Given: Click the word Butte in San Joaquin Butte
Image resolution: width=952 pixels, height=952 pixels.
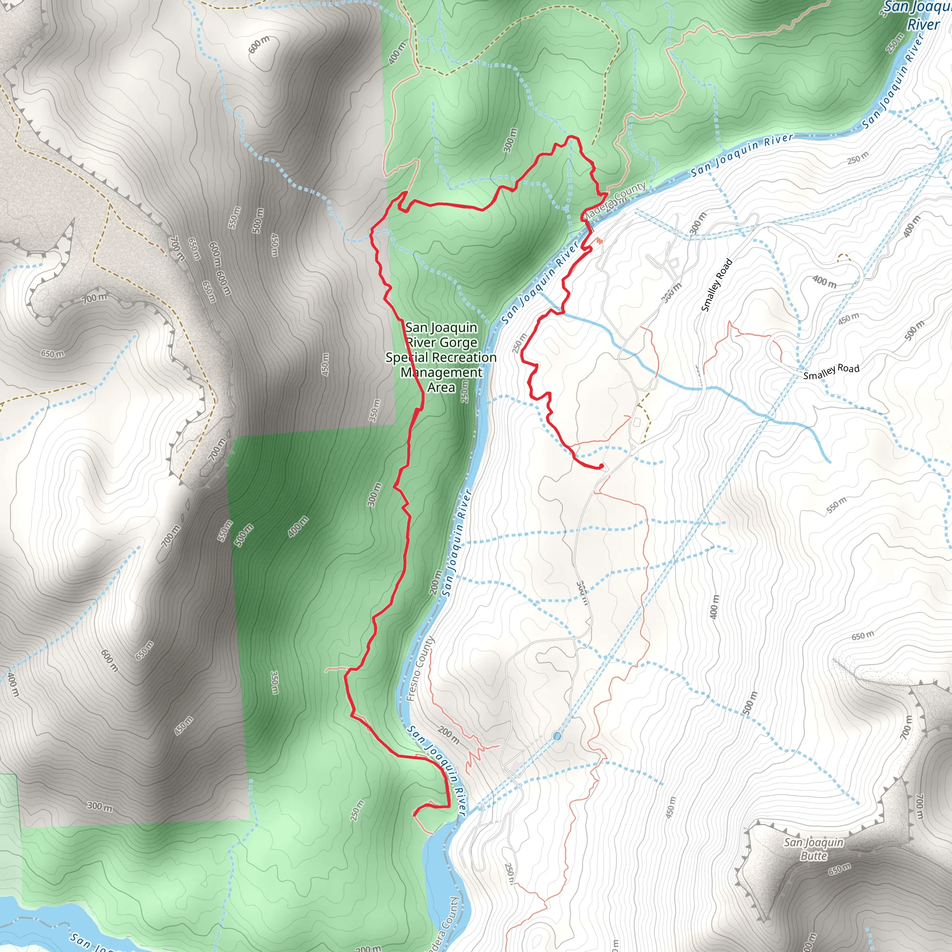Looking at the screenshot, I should point(813,856).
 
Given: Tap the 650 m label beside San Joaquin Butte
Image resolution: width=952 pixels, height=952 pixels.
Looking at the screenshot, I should point(839,869).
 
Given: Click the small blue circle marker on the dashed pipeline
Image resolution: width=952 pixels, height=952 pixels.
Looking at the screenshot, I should point(557,736).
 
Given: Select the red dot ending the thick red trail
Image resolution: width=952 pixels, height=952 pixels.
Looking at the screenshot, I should point(601,466).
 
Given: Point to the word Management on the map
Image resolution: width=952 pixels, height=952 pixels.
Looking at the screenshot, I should point(441,372).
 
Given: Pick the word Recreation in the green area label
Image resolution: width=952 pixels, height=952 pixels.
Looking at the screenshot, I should point(466,358).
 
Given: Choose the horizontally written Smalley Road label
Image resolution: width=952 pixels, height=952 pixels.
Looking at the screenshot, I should point(831,371).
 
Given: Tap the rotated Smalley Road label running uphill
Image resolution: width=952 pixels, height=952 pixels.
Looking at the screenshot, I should point(716,285).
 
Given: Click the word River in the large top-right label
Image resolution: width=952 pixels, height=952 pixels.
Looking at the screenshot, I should point(924,25).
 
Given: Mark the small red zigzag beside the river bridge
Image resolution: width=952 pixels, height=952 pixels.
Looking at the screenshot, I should point(599,241).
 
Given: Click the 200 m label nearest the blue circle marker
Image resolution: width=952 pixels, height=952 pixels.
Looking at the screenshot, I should point(449,736).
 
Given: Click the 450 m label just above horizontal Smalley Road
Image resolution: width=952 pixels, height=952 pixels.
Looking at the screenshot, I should point(848,319).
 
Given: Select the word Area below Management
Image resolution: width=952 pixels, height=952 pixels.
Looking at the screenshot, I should point(441,388).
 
